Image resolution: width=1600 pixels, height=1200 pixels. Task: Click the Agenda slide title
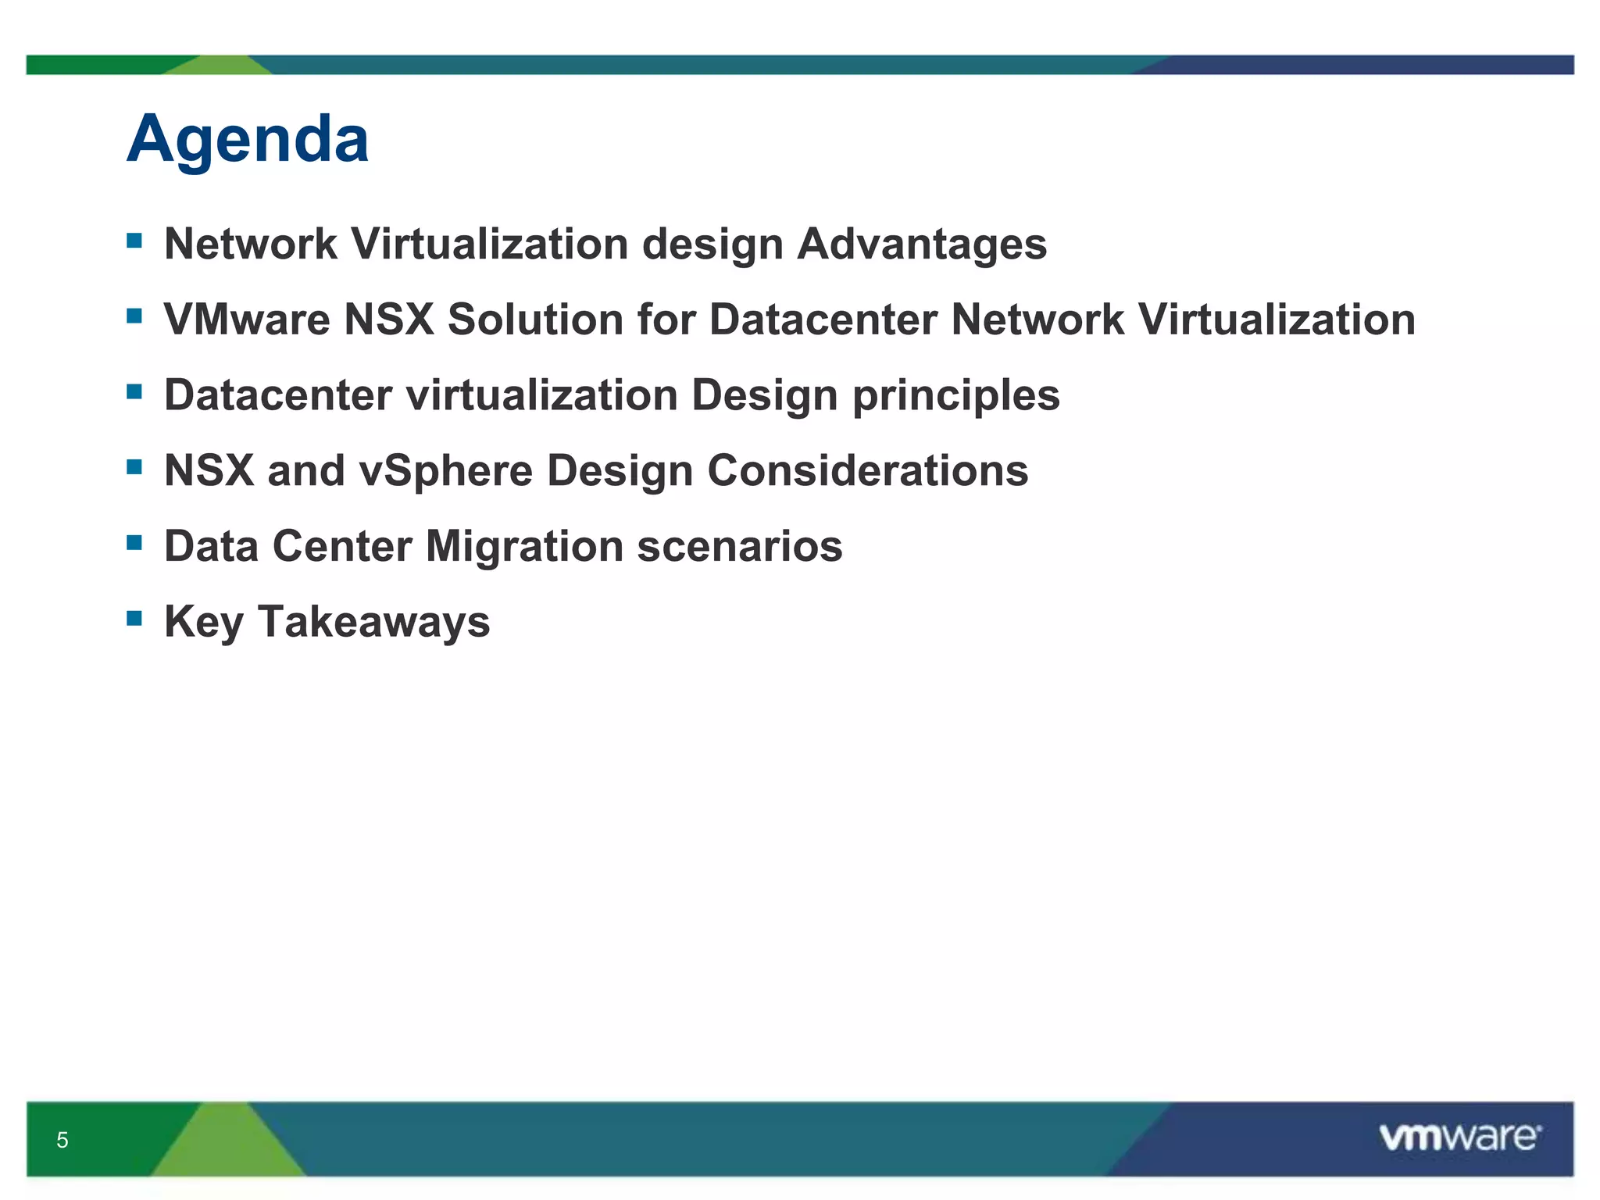click(247, 139)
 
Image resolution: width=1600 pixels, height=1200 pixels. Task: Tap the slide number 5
click(62, 1140)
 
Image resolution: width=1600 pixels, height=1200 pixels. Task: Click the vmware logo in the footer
click(1460, 1137)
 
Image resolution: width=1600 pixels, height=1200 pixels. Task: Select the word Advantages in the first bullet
click(922, 245)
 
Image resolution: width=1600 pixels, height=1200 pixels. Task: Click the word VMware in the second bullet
click(247, 320)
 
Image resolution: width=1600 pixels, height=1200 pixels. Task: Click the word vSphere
click(445, 471)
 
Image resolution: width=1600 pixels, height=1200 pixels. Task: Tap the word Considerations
click(867, 471)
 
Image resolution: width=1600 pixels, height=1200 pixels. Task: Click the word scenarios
click(740, 546)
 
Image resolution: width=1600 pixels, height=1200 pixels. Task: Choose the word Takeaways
click(373, 622)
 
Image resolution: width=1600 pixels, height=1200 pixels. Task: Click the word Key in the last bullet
click(204, 622)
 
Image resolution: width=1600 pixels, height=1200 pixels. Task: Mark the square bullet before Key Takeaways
click(134, 619)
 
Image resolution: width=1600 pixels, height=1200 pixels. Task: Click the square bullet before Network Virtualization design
click(134, 241)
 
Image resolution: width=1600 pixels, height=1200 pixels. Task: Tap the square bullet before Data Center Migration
click(134, 542)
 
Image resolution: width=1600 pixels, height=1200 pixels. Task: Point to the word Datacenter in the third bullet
click(277, 395)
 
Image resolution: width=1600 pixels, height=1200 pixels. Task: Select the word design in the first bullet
click(712, 245)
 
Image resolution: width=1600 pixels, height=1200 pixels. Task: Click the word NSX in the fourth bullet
click(209, 471)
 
